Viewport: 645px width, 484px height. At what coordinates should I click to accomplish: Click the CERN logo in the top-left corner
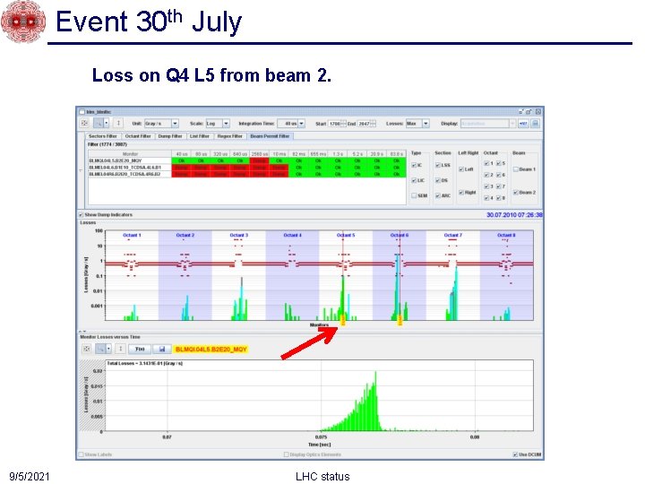coord(22,22)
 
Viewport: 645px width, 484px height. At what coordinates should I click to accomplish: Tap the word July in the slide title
coord(217,21)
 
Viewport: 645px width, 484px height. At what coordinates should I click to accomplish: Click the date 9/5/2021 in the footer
coord(30,476)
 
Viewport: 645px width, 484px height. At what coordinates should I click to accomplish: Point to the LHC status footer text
coord(322,476)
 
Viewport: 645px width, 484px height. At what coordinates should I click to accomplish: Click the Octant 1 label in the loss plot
coord(132,235)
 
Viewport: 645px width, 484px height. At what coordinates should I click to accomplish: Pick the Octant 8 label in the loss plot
coord(506,235)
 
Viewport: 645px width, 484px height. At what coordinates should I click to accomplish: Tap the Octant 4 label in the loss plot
coord(292,235)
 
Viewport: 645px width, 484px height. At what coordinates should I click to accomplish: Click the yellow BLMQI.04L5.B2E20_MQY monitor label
coord(211,349)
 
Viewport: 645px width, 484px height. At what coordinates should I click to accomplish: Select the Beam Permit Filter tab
coord(269,136)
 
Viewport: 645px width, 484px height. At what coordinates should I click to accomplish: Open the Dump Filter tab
coord(170,136)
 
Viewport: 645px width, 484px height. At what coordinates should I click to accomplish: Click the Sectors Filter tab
coord(102,136)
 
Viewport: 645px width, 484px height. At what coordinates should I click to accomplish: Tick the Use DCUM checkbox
coord(515,454)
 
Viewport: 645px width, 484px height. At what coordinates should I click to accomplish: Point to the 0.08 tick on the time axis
coord(475,437)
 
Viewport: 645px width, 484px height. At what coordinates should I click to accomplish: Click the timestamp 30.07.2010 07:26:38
coord(514,215)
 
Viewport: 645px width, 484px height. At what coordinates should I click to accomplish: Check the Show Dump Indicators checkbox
coord(81,215)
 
